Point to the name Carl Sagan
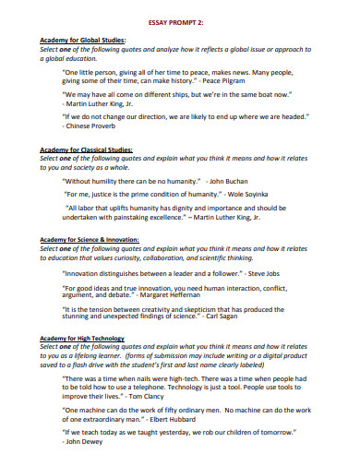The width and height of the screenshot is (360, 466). [254, 317]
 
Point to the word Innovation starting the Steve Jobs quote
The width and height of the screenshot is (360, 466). [86, 273]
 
